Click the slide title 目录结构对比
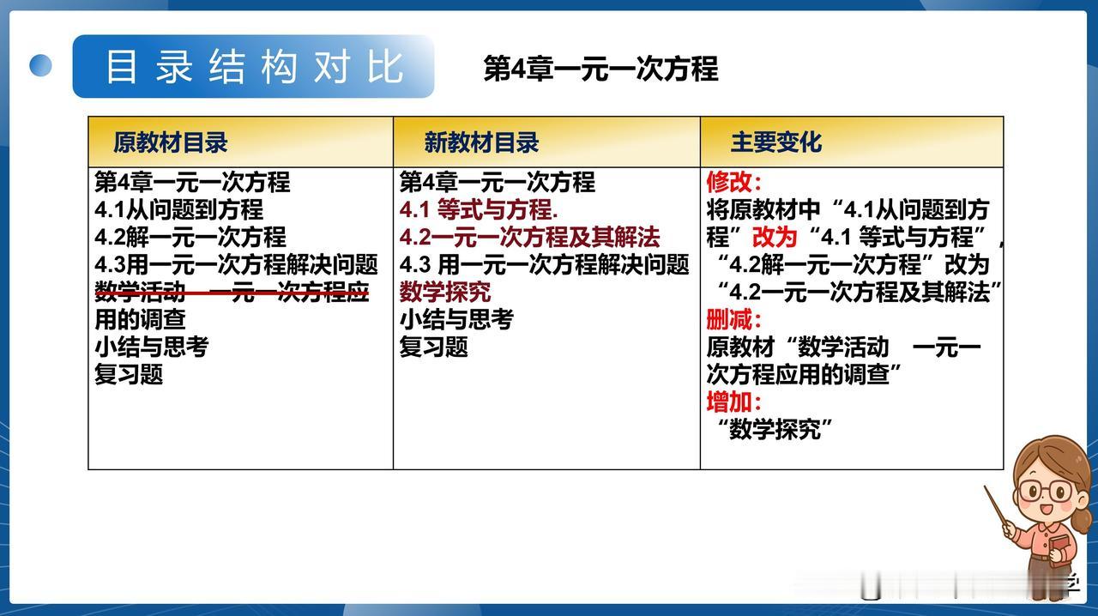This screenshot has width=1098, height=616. (255, 67)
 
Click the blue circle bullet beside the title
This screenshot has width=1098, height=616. (40, 65)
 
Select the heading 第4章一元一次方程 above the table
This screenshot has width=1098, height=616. (601, 68)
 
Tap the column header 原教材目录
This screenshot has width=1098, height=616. (170, 142)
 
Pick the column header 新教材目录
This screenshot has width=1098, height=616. (481, 142)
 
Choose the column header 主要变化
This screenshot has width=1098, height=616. (776, 142)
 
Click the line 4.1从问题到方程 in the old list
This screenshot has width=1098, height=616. (179, 209)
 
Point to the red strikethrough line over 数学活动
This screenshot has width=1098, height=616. (232, 293)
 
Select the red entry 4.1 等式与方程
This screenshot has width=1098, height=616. (479, 209)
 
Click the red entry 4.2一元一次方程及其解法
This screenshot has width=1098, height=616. (529, 237)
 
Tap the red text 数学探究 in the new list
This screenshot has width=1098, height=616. (445, 292)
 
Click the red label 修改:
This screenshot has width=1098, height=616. (733, 182)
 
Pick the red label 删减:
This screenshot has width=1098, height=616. (733, 320)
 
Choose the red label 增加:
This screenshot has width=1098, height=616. (733, 402)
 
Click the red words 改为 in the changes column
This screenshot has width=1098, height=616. (775, 237)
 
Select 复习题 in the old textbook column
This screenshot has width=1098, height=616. (129, 374)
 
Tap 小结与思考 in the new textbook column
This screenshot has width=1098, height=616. (456, 319)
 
